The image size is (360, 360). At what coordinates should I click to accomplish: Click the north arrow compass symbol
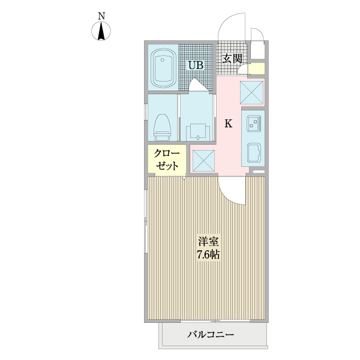point(101,32)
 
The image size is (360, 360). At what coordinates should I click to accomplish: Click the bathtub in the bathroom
point(163,67)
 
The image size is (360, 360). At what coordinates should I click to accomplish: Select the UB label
point(196,65)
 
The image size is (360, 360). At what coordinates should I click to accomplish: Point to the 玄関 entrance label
point(232,59)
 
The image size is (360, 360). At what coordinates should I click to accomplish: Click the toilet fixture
point(161,125)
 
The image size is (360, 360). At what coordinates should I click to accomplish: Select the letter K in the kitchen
point(229,124)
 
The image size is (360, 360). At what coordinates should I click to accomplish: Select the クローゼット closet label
point(166,159)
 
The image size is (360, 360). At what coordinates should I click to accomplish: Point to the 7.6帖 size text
point(208,254)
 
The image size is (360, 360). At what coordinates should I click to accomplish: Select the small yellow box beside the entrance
point(257,69)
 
